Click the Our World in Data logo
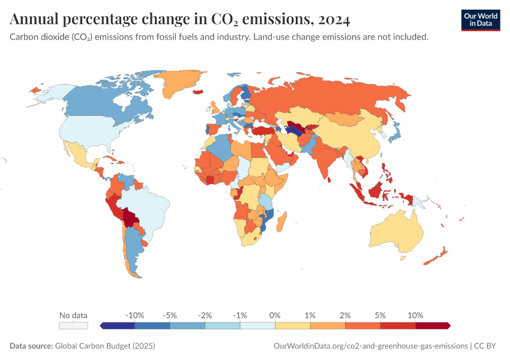[480, 20]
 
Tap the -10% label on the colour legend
[135, 315]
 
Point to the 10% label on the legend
[415, 315]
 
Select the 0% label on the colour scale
[275, 315]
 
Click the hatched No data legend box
[73, 326]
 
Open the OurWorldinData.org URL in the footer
[370, 346]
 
